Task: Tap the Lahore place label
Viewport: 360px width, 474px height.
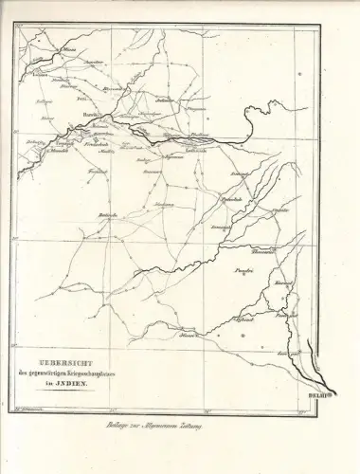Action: pos(41,72)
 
